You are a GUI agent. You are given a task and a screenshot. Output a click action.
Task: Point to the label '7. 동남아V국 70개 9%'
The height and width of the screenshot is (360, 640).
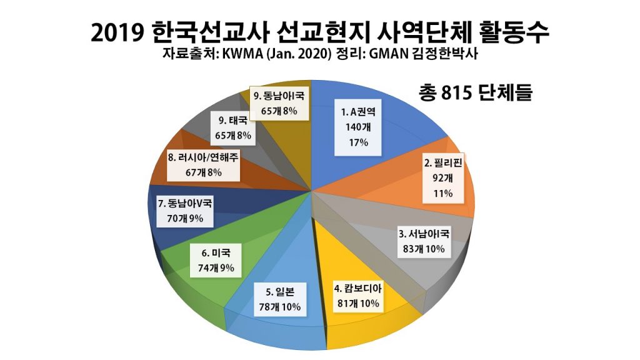[186, 211]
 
